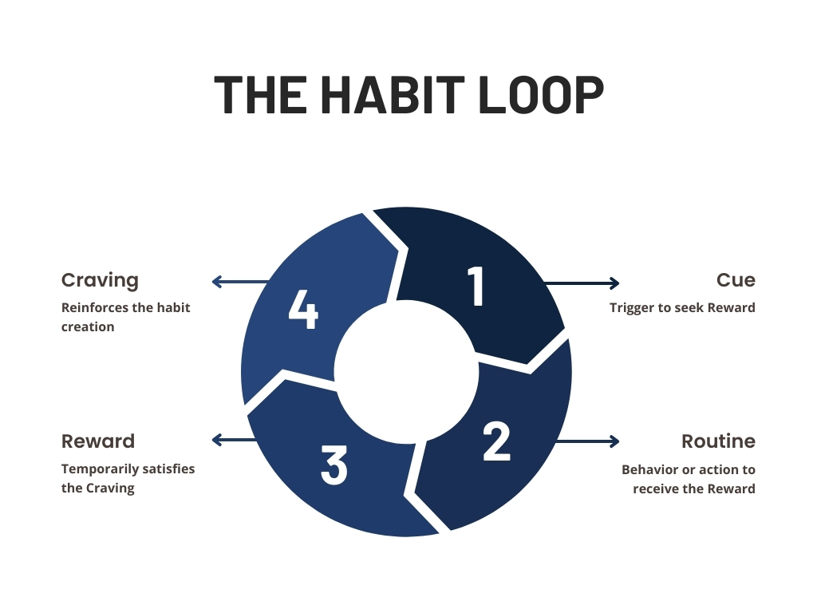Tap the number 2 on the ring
(496, 441)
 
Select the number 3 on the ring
(334, 465)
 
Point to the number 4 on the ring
(303, 310)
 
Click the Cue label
(736, 280)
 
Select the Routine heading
(718, 441)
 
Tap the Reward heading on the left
(98, 441)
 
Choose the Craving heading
(100, 280)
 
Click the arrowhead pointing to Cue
(615, 283)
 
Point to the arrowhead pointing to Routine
(615, 441)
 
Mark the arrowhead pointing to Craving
(216, 281)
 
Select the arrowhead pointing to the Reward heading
(216, 440)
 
